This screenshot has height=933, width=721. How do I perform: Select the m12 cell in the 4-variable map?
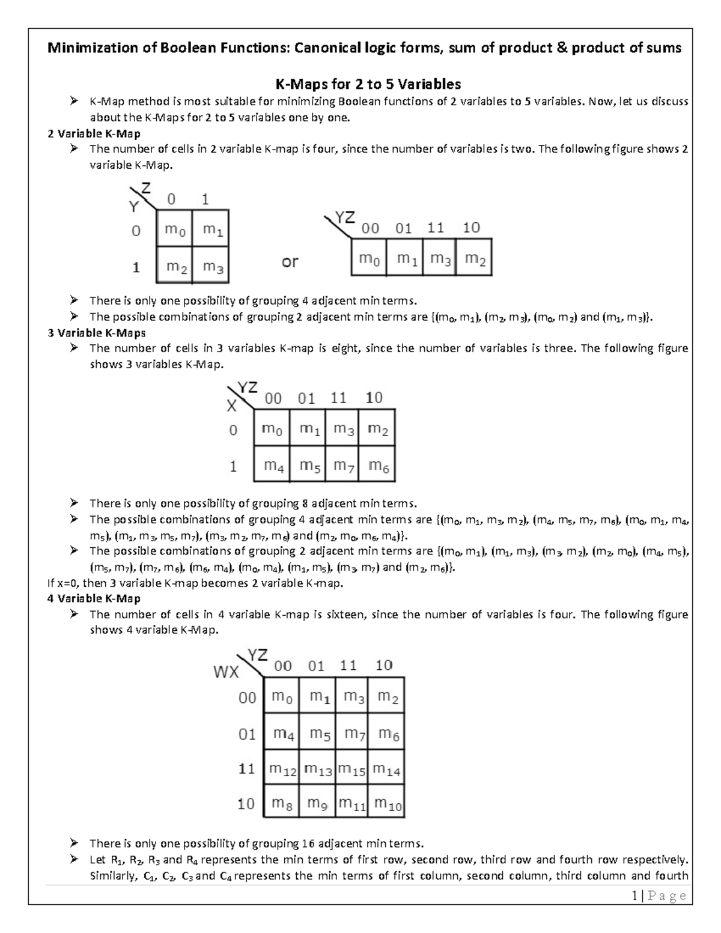click(x=282, y=770)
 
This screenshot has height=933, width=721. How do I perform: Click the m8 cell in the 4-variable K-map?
click(x=282, y=804)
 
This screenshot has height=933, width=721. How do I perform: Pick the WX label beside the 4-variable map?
click(x=227, y=672)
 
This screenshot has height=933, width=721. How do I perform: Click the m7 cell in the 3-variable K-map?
click(x=343, y=465)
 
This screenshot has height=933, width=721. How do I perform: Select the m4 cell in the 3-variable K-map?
click(x=273, y=465)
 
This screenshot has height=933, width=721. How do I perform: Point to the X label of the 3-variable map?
click(x=231, y=407)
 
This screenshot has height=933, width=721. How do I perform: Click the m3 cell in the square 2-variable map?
click(x=213, y=267)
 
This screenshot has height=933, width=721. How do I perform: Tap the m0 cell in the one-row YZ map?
click(x=370, y=259)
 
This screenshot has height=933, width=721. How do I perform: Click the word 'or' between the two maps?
click(x=290, y=262)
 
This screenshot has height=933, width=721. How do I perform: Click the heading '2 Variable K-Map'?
click(x=94, y=133)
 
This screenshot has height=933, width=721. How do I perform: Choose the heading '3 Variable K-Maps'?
click(x=96, y=333)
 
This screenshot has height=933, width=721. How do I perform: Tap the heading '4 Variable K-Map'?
click(x=94, y=598)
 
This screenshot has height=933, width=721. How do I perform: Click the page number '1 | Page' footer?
click(x=659, y=896)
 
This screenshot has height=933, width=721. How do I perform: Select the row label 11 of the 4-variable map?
click(x=247, y=769)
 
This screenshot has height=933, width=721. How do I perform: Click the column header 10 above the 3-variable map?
click(x=374, y=398)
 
